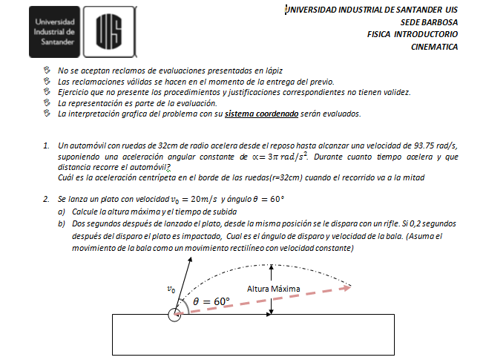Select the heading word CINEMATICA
(434, 46)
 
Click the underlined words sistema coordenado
(263, 114)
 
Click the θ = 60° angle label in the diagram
(211, 301)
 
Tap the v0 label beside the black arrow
(173, 290)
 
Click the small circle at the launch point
(175, 315)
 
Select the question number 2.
(46, 200)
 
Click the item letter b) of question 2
(62, 223)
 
